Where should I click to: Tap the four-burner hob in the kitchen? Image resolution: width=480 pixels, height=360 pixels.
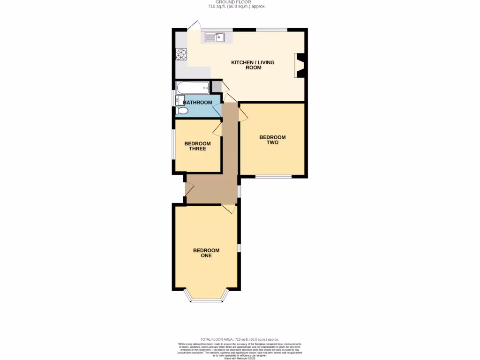pyautogui.click(x=181, y=54)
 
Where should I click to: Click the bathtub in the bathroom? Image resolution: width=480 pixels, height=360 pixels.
pyautogui.click(x=193, y=87)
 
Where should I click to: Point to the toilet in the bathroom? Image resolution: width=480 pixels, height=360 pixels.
pyautogui.click(x=182, y=111)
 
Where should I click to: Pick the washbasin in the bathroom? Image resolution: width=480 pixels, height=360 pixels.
pyautogui.click(x=180, y=100)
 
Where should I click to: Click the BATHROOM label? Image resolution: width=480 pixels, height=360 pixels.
pyautogui.click(x=197, y=102)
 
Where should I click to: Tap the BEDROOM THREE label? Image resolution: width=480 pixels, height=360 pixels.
pyautogui.click(x=197, y=146)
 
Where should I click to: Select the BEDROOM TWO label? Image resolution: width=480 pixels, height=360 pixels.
pyautogui.click(x=272, y=140)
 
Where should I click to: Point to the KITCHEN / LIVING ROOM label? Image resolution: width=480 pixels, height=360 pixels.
pyautogui.click(x=253, y=65)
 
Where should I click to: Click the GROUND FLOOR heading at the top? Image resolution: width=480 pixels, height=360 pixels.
pyautogui.click(x=240, y=2)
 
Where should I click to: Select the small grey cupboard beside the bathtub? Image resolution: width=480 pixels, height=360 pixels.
pyautogui.click(x=216, y=87)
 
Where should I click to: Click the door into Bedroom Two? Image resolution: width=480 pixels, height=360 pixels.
pyautogui.click(x=243, y=114)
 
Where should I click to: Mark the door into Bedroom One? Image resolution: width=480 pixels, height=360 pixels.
pyautogui.click(x=228, y=209)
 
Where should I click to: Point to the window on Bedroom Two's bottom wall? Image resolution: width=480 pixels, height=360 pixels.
pyautogui.click(x=273, y=177)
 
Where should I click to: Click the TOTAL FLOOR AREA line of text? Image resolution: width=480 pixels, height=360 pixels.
pyautogui.click(x=240, y=339)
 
